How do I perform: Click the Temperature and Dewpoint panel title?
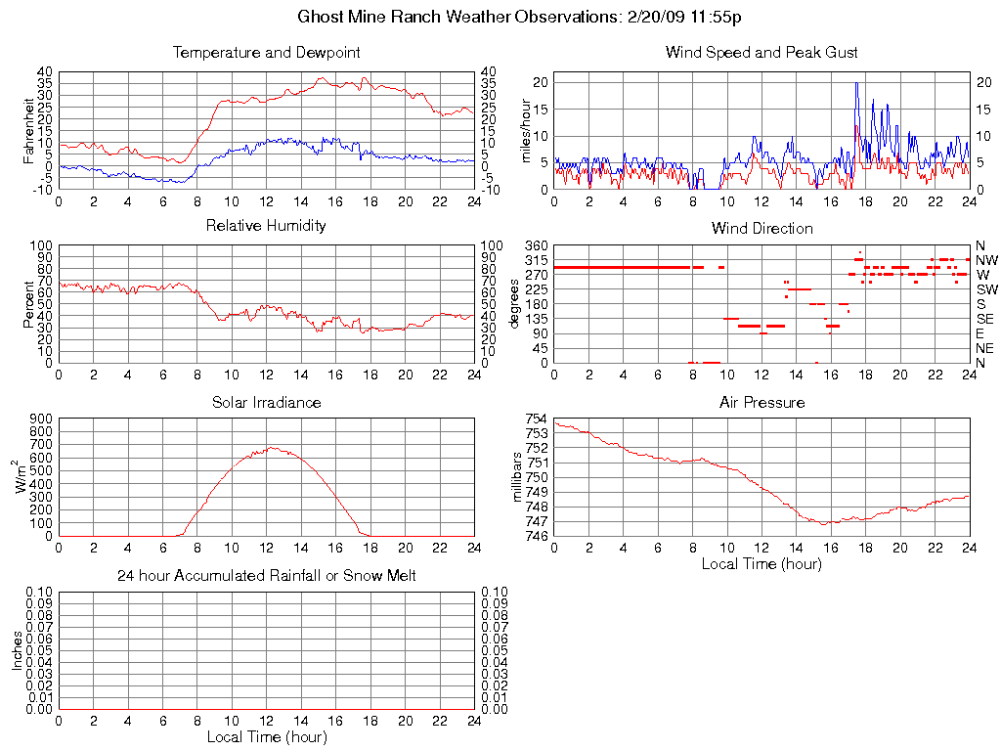pos(266,52)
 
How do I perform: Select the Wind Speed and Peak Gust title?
pos(762,52)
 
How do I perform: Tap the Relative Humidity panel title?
pos(266,226)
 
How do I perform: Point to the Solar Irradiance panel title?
pos(266,402)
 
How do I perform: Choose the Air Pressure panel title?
pos(762,402)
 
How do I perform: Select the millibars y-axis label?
pos(519,477)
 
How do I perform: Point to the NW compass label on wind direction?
pos(986,260)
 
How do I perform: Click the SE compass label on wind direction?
pos(985,319)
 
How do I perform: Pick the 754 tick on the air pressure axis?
pos(537,419)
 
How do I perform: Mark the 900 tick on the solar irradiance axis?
pos(42,419)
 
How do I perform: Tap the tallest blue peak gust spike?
pos(856,84)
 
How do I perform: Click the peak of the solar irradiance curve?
pos(271,448)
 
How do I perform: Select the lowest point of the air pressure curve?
pos(824,524)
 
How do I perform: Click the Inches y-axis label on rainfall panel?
pos(17,650)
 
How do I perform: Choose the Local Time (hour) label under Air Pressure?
pos(762,563)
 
